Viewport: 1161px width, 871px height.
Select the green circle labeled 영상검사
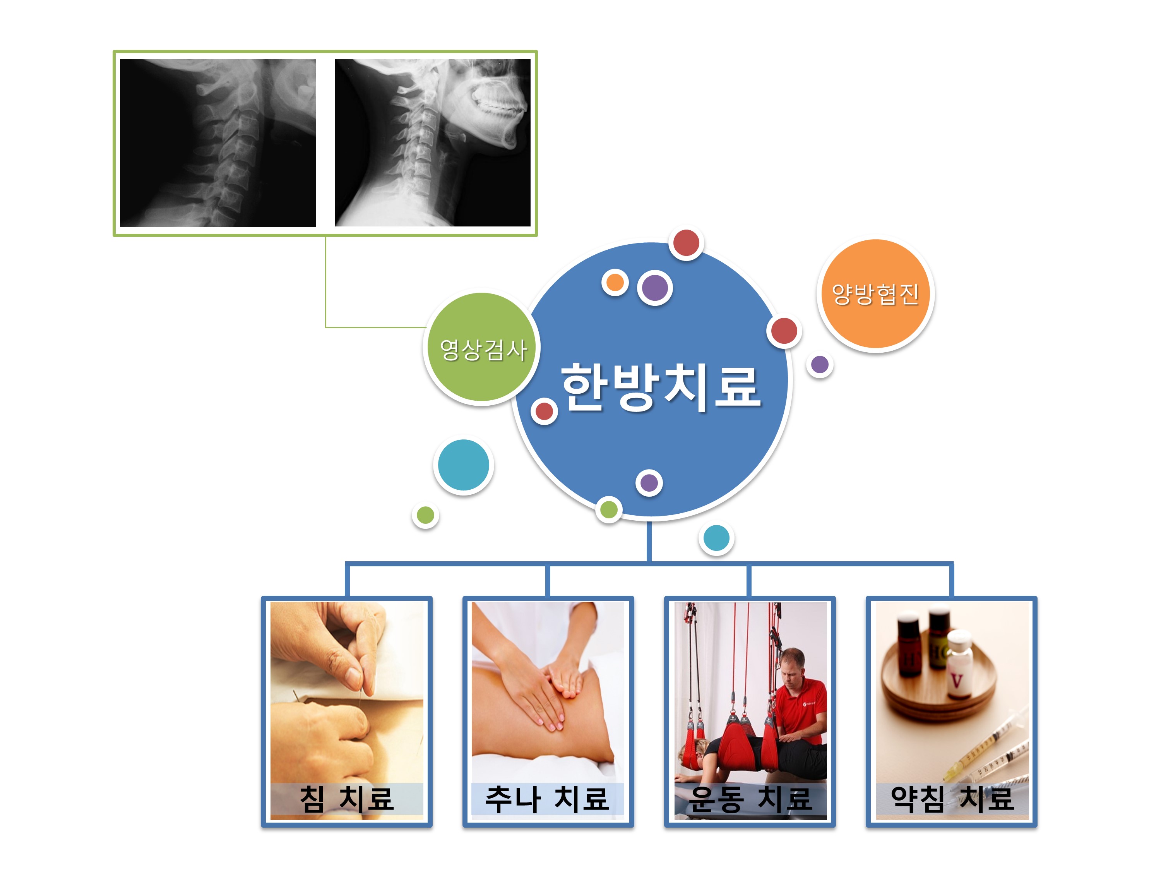[x=481, y=348]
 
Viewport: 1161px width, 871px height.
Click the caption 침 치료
[x=346, y=799]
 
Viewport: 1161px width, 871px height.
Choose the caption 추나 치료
[x=547, y=799]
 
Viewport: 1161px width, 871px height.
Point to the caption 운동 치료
[x=750, y=799]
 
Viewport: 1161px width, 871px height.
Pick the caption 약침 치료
[x=952, y=799]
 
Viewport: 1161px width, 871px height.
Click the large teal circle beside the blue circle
[x=464, y=465]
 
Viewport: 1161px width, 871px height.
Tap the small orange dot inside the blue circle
[x=615, y=283]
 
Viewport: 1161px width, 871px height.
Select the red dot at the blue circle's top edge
[x=687, y=243]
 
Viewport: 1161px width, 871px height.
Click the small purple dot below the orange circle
[x=820, y=364]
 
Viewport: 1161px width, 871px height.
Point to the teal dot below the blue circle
[x=716, y=538]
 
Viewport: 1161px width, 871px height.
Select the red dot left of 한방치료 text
[x=544, y=411]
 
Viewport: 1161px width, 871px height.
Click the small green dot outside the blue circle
[x=425, y=516]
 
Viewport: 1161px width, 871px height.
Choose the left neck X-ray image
[x=218, y=143]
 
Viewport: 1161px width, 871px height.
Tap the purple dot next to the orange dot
[x=655, y=288]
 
